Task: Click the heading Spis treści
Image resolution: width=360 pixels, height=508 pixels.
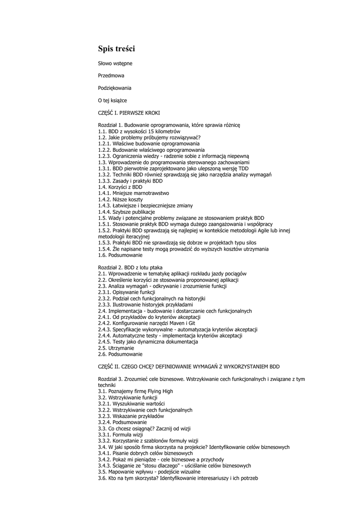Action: (x=116, y=49)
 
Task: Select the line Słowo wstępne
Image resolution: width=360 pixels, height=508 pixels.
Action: (x=115, y=63)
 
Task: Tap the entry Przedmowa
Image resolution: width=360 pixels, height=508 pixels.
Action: (x=111, y=75)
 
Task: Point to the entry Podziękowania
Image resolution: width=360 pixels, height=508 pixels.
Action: (x=115, y=88)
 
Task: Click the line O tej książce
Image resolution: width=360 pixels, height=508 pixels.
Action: (x=112, y=100)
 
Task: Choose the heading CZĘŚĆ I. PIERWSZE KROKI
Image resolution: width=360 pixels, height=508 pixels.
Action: (x=129, y=113)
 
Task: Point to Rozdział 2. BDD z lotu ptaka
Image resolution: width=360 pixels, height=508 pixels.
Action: (x=130, y=267)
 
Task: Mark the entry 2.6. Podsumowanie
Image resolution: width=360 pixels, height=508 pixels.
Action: (x=120, y=354)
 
